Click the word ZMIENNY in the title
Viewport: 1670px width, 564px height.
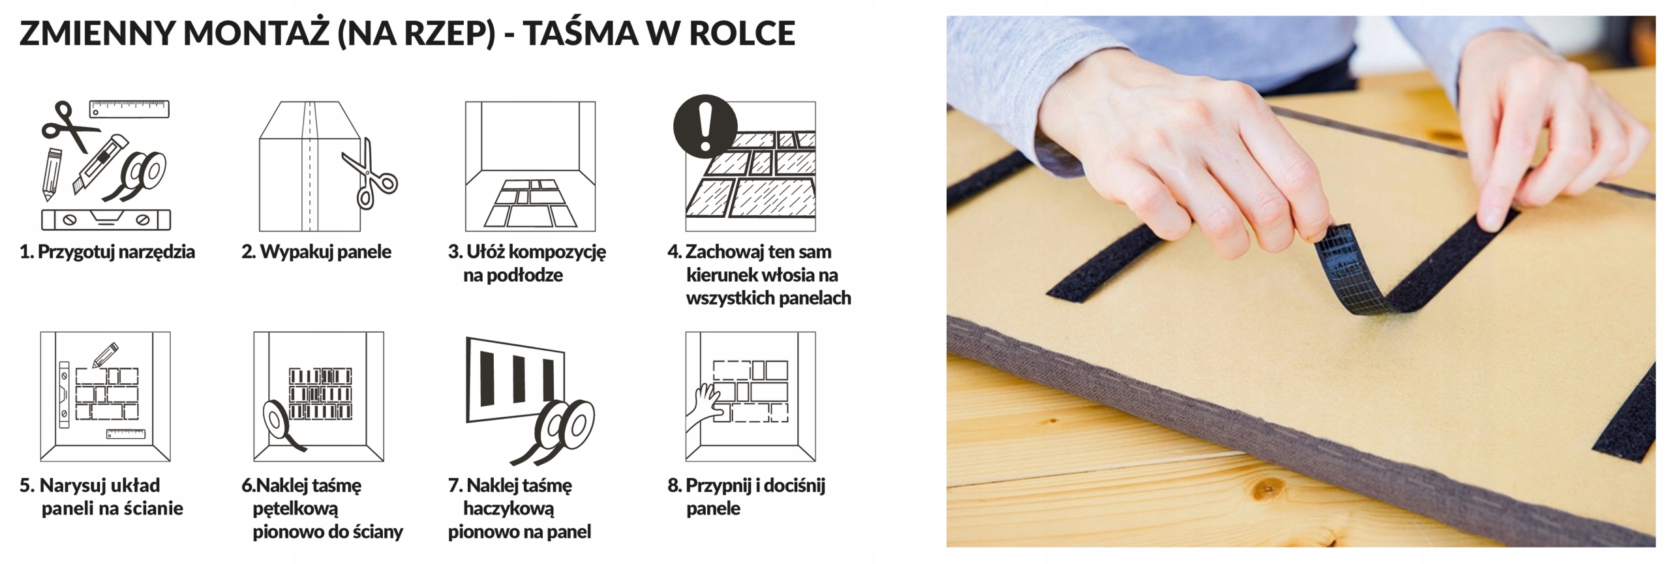pyautogui.click(x=97, y=33)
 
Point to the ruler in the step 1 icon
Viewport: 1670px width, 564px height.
pyautogui.click(x=129, y=109)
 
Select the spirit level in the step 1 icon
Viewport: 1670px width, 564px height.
pyautogui.click(x=106, y=220)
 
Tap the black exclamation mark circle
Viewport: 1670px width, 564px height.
pyautogui.click(x=705, y=126)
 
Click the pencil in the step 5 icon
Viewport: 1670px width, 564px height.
pyautogui.click(x=105, y=354)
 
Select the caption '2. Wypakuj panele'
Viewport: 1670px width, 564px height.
pyautogui.click(x=316, y=252)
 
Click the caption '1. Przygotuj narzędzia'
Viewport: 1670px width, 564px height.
pyautogui.click(x=107, y=252)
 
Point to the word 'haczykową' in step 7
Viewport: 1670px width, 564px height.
pyautogui.click(x=508, y=509)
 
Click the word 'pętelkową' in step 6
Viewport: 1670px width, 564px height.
pyautogui.click(x=296, y=509)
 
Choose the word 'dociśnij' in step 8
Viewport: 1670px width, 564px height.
pyautogui.click(x=794, y=486)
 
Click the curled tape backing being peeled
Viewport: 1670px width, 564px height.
pyautogui.click(x=1348, y=268)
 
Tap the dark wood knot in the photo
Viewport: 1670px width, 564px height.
pyautogui.click(x=1266, y=488)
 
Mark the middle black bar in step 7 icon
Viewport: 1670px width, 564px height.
pyautogui.click(x=519, y=379)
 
